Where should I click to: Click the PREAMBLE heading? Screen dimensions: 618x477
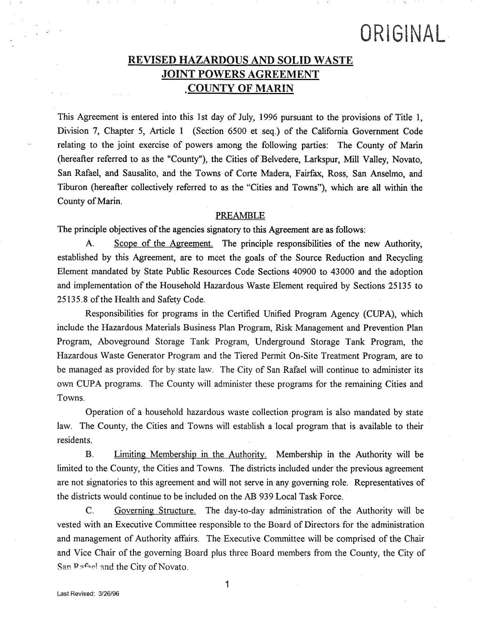click(x=240, y=216)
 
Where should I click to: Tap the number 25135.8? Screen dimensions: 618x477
click(x=74, y=300)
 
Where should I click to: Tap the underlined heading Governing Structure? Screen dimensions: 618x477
click(x=155, y=511)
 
